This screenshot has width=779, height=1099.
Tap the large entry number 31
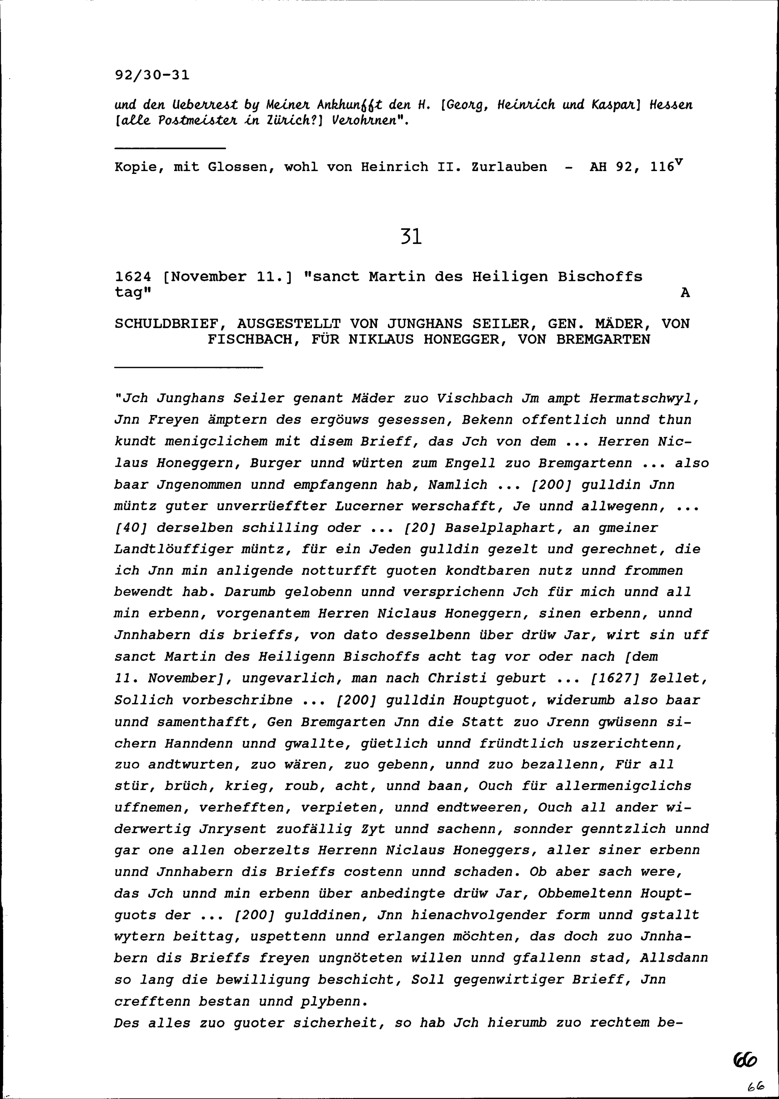(x=411, y=237)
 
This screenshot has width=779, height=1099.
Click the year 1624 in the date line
(x=133, y=277)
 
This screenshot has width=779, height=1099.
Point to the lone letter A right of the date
(x=685, y=293)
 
